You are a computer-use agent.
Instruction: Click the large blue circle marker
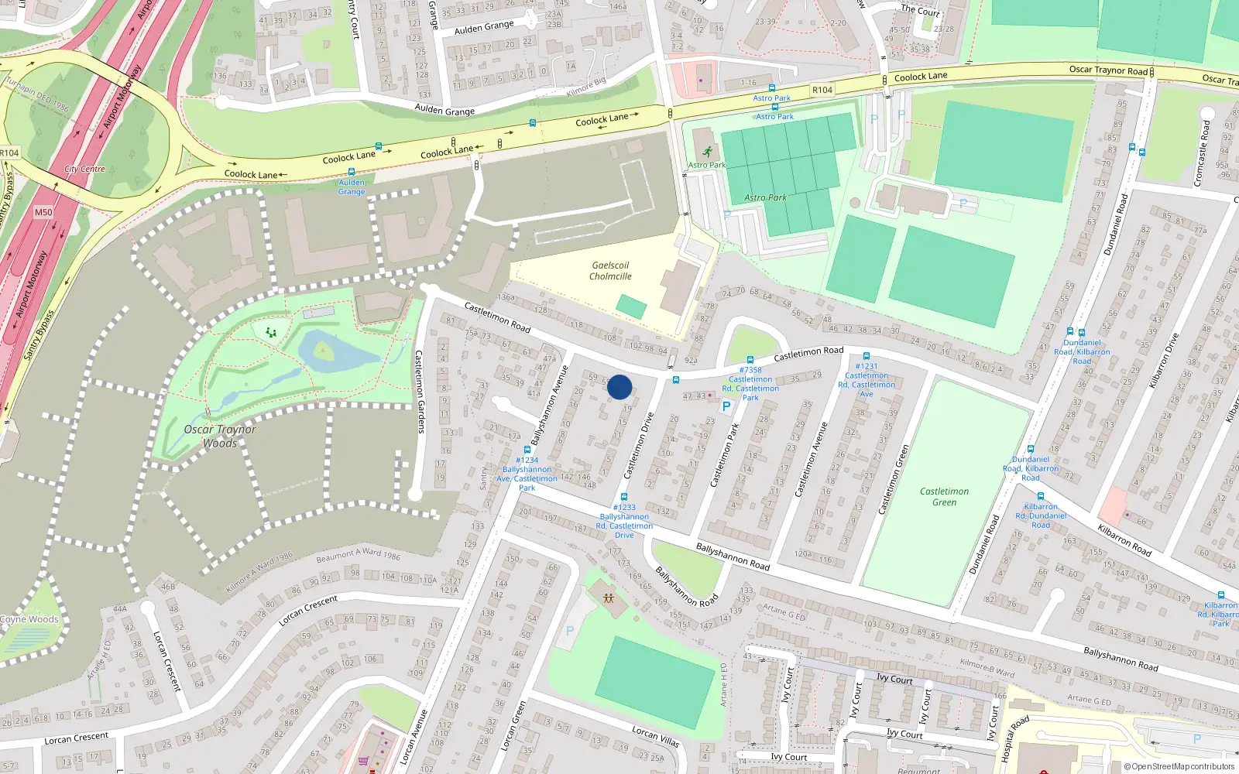click(619, 387)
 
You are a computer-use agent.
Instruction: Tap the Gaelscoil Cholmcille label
click(610, 271)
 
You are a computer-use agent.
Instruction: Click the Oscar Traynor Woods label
click(220, 436)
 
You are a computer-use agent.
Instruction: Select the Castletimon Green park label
click(944, 497)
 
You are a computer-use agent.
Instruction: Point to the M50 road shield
click(43, 212)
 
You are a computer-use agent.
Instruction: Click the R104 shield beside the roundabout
click(9, 153)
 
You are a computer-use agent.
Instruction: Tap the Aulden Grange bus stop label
click(352, 187)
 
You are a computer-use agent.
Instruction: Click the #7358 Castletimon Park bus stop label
click(750, 384)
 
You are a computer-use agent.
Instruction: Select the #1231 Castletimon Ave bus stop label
click(867, 380)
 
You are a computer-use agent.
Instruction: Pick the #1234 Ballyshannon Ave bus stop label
click(527, 474)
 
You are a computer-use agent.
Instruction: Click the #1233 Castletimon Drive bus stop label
click(624, 521)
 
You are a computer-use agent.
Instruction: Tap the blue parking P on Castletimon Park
click(726, 406)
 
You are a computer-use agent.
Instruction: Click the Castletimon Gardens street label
click(420, 392)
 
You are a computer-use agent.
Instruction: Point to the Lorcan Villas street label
click(655, 736)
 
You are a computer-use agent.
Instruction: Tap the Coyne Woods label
click(29, 619)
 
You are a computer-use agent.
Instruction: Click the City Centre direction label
click(84, 169)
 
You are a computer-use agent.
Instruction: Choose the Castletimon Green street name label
click(893, 479)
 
